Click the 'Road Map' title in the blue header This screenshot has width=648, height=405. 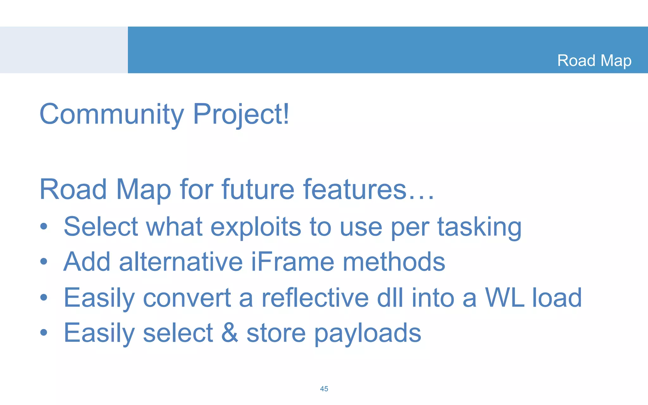(594, 60)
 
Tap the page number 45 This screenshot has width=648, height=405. (324, 389)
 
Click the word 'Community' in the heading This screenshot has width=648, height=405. (112, 114)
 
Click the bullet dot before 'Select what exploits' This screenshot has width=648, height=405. (44, 227)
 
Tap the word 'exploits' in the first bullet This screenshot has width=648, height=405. (256, 227)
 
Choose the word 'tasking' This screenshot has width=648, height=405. (479, 227)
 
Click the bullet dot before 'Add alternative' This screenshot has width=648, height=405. (44, 262)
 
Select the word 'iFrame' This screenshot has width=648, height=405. (292, 262)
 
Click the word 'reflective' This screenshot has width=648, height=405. (315, 298)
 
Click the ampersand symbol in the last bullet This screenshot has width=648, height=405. (229, 333)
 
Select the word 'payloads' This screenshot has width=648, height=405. (367, 333)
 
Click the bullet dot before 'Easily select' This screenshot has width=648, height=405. (44, 332)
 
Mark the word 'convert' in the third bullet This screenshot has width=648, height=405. (187, 298)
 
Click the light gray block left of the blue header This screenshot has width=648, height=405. (64, 50)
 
